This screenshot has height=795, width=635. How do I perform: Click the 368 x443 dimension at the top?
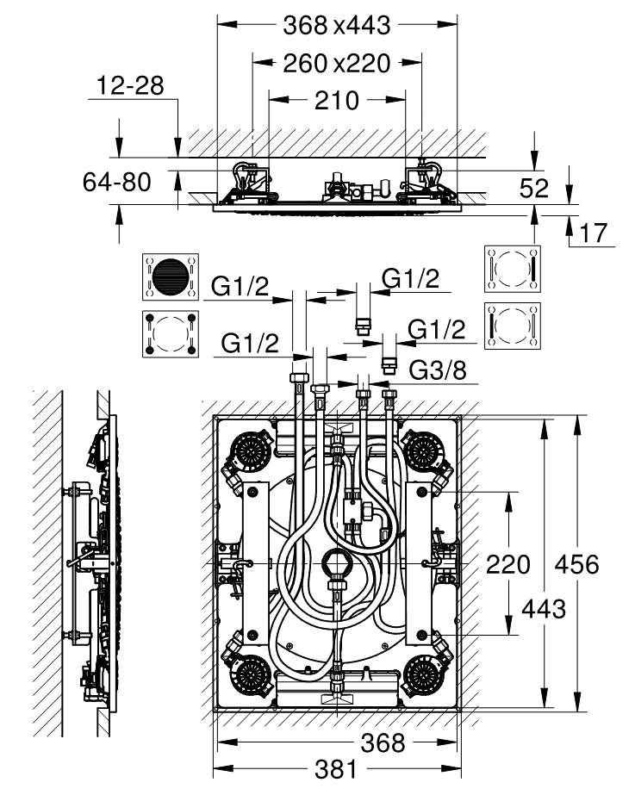coord(337,25)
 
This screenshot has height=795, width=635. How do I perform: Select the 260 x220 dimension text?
coord(337,64)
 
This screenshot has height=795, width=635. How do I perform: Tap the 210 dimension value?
coord(337,101)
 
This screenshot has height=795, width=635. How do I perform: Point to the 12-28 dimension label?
coord(130,85)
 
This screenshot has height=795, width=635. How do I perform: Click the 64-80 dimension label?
coord(117,182)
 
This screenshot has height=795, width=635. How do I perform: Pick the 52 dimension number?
coord(534,188)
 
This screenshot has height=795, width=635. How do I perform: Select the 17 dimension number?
coord(593,233)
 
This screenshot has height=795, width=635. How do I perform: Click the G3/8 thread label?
coord(438,370)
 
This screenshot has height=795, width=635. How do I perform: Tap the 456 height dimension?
coord(576,564)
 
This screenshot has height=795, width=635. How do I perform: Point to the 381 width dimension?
coord(336,770)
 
